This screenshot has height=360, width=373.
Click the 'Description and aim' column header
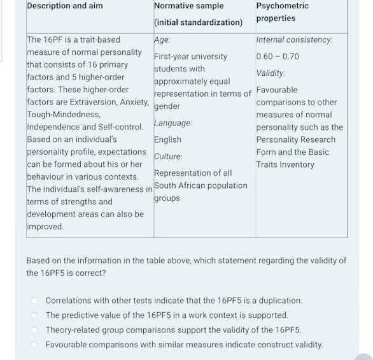[x=64, y=6]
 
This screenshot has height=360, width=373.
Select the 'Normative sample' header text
[x=189, y=6]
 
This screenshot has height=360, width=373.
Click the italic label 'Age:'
[x=162, y=40]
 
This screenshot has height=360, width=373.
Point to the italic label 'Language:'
[x=172, y=122]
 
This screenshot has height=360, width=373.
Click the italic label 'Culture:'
[x=168, y=156]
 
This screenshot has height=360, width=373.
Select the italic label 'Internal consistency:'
[x=294, y=40]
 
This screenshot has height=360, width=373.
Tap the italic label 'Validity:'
[x=271, y=73]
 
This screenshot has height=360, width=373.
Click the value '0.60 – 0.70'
[x=278, y=56]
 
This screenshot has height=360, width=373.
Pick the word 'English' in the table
[x=167, y=140]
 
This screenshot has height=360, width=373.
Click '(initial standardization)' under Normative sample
[x=198, y=22]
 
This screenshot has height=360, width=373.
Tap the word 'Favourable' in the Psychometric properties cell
[x=277, y=90]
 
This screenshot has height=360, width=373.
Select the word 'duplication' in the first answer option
[x=280, y=300]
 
